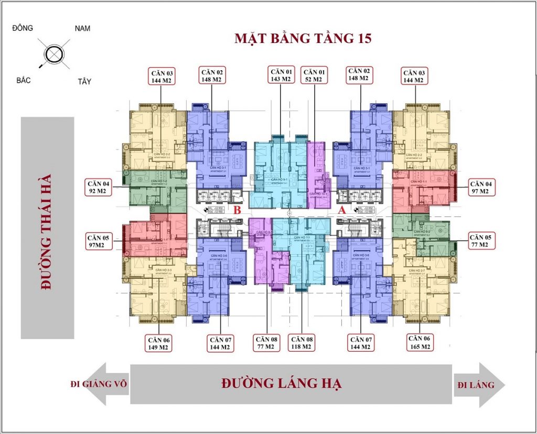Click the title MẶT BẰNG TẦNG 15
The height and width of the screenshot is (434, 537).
point(303,39)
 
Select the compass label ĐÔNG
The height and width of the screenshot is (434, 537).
point(23,28)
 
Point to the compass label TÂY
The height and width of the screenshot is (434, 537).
point(84,81)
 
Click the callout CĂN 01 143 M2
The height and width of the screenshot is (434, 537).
point(281,75)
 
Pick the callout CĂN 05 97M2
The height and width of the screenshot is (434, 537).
point(99,242)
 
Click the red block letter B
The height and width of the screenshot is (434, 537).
point(237,210)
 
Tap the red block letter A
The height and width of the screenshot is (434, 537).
point(343,210)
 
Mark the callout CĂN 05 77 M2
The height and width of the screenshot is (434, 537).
point(480,241)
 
